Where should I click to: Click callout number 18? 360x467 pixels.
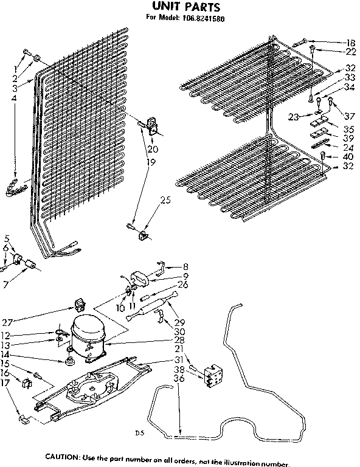(x=350, y=43)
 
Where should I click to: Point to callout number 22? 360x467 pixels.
(x=350, y=53)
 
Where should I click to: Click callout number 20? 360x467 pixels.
(x=152, y=150)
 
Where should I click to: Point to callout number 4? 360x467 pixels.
(x=14, y=98)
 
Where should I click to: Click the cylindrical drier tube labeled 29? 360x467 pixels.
(x=150, y=306)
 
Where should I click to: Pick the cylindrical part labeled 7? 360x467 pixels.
(x=27, y=263)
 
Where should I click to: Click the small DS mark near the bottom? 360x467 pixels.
(x=139, y=434)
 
